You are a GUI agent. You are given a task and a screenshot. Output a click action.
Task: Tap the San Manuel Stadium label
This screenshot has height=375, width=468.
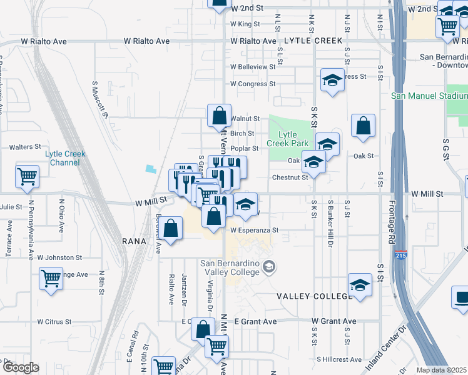[429, 96]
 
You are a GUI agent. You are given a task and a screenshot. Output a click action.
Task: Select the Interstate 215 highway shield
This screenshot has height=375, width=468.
[401, 256]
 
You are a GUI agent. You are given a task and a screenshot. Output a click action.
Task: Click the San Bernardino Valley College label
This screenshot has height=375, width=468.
[229, 267]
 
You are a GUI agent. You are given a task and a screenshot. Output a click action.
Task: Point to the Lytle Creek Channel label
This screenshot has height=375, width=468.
[65, 158]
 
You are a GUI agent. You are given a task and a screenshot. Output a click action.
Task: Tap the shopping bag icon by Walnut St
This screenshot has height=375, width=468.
[219, 115]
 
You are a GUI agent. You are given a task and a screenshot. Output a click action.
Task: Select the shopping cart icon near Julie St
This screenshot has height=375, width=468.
[27, 176]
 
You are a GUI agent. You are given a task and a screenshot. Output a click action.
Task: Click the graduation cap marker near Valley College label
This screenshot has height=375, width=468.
[360, 286]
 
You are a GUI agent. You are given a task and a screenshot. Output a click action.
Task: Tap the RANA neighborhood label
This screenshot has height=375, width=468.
[133, 240]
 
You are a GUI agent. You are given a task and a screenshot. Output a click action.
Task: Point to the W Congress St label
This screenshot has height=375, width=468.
[253, 84]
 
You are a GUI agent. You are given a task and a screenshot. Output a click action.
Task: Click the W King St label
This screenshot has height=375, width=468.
[245, 24]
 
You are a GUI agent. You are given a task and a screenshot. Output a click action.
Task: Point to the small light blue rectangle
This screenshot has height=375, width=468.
[150, 168]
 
